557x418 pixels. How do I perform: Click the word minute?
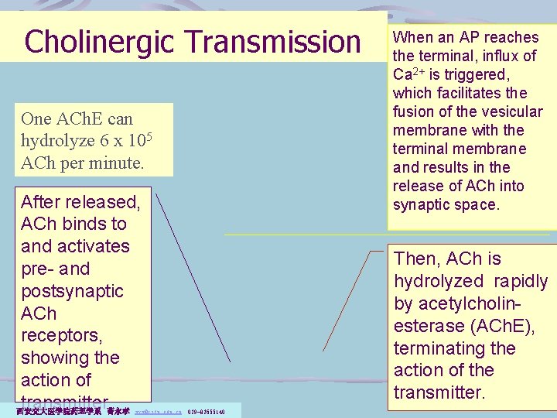pyautogui.click(x=118, y=164)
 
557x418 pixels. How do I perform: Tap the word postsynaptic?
pyautogui.click(x=72, y=291)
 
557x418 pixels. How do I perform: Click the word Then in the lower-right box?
pyautogui.click(x=417, y=259)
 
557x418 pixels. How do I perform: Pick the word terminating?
pyautogui.click(x=429, y=348)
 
